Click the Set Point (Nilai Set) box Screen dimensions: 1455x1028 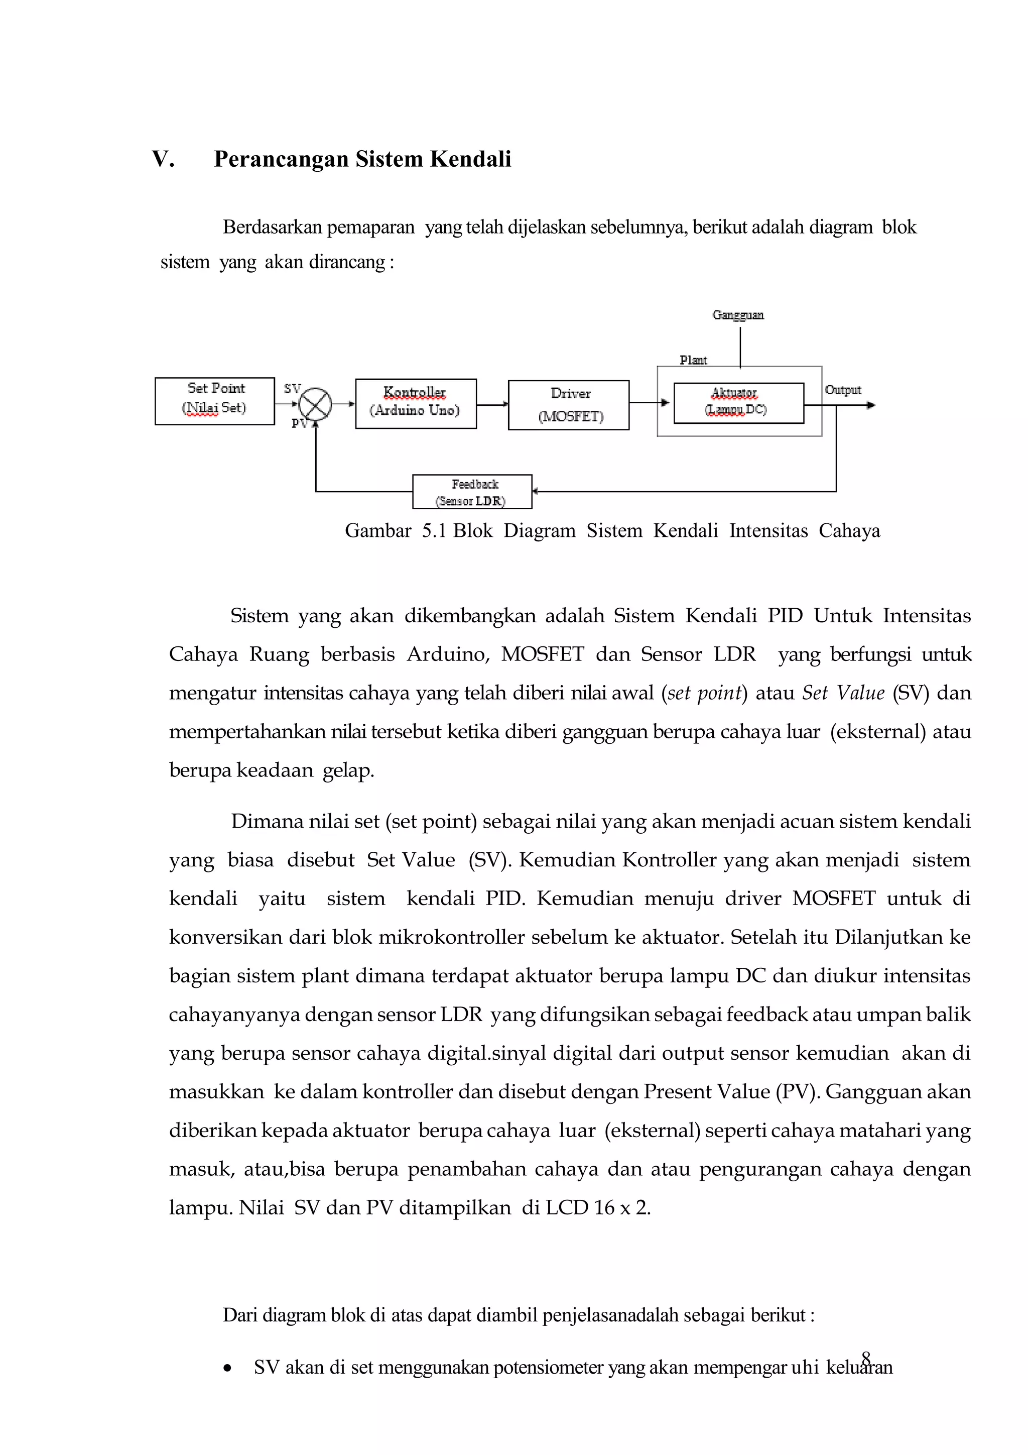(214, 401)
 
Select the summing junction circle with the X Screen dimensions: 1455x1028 (315, 404)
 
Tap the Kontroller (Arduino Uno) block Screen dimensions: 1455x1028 (416, 404)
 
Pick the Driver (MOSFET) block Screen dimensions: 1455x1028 (568, 405)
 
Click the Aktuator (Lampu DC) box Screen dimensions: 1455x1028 (738, 403)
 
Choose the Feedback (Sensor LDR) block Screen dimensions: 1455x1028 (472, 492)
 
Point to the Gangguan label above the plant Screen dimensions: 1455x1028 (738, 315)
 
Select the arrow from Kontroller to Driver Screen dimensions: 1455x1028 (492, 404)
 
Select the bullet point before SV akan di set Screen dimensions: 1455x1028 (227, 1369)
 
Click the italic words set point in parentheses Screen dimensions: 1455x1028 (704, 693)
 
